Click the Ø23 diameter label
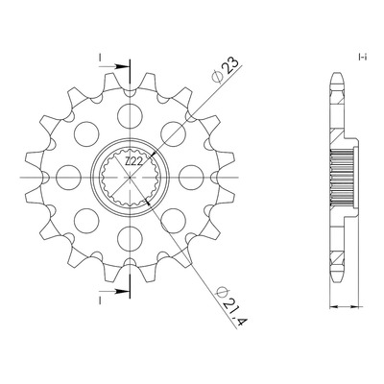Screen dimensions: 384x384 [x=226, y=71]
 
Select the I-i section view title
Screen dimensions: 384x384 [x=362, y=58]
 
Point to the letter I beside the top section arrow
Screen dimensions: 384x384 [x=100, y=58]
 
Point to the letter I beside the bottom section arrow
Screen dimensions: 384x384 [x=100, y=300]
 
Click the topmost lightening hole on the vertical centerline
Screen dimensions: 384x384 [x=130, y=115]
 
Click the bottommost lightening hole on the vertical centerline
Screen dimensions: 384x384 [x=130, y=238]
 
